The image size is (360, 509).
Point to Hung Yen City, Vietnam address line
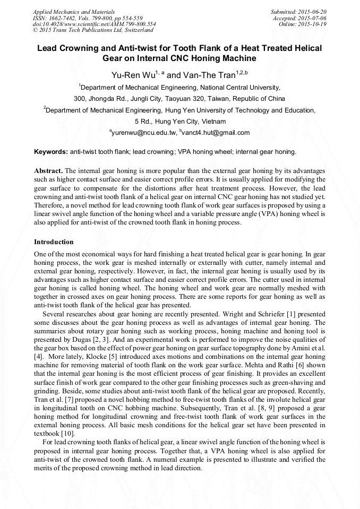click(180, 121)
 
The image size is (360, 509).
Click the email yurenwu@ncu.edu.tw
click(143, 133)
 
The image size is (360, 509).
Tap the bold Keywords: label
click(51, 152)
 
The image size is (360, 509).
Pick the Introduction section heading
click(54, 241)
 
